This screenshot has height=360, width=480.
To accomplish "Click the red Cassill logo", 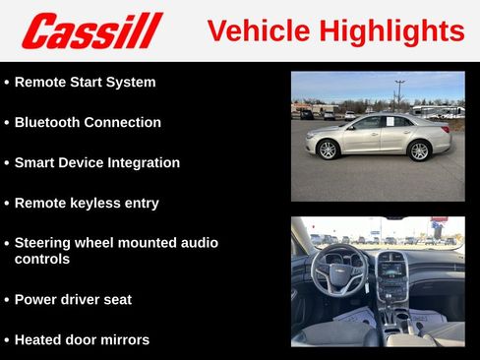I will pyautogui.click(x=91, y=30).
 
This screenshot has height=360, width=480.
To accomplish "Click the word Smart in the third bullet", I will pyautogui.click(x=35, y=163).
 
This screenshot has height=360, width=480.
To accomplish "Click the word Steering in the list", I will pyautogui.click(x=46, y=242).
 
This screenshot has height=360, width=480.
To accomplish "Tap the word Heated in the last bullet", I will pyautogui.click(x=39, y=340).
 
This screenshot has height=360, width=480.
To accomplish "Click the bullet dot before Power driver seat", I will pyautogui.click(x=6, y=300).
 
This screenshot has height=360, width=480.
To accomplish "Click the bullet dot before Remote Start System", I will pyautogui.click(x=6, y=83).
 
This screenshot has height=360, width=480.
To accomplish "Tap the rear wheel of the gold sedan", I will pyautogui.click(x=419, y=150).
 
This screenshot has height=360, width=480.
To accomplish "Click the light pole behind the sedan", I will pyautogui.click(x=399, y=93).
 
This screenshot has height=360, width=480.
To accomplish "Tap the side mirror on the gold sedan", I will pyautogui.click(x=351, y=126).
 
